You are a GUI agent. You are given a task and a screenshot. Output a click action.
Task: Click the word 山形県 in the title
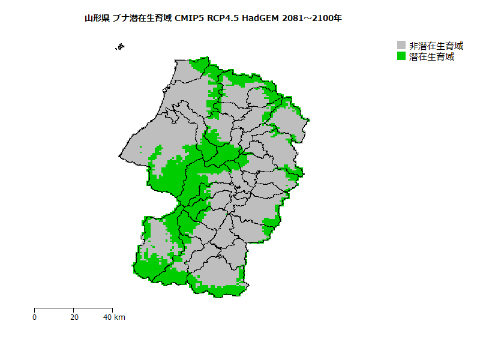(97, 19)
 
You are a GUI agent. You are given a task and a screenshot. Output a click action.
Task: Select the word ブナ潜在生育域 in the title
(142, 19)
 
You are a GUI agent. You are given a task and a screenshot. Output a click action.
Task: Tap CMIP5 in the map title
(189, 19)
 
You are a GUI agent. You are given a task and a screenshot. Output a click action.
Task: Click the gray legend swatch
(401, 46)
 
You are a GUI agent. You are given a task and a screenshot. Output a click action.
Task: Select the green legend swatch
(401, 56)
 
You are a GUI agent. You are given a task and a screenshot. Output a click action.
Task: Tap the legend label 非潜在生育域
(436, 46)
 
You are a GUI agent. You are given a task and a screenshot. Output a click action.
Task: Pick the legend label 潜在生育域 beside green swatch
(431, 57)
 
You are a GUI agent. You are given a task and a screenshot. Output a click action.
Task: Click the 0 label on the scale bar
(35, 317)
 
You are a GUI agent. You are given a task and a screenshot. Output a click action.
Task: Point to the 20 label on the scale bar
(73, 317)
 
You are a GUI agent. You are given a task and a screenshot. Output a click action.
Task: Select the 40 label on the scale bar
(108, 317)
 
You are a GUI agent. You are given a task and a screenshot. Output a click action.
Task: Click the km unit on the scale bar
(119, 317)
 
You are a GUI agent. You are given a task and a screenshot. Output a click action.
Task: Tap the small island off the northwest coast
(121, 46)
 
